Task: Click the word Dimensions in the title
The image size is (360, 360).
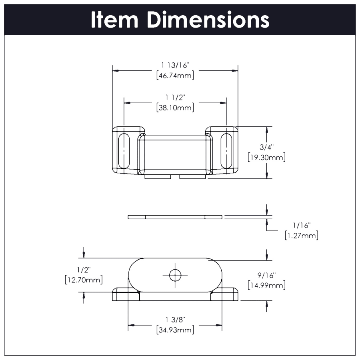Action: [x=208, y=20]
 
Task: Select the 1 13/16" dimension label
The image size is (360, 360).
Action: [x=175, y=65]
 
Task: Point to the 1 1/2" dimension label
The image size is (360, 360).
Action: [x=175, y=97]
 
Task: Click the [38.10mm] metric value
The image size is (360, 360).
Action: [x=175, y=107]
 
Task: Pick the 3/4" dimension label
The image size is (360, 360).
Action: [x=266, y=147]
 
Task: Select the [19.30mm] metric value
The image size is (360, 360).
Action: [x=266, y=157]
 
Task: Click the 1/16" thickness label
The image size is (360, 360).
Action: [x=301, y=226]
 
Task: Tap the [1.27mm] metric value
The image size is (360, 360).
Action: [x=301, y=236]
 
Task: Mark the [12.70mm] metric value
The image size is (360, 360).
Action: [x=84, y=279]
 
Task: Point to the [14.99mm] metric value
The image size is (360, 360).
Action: [x=266, y=285]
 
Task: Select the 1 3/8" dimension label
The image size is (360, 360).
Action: [x=175, y=320]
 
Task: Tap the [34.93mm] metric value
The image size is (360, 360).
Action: [x=175, y=330]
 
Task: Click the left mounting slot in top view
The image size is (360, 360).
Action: [x=124, y=151]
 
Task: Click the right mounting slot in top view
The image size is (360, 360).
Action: [x=226, y=151]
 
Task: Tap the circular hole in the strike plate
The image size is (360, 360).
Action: [x=175, y=275]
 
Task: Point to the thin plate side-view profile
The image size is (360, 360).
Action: [x=175, y=217]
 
